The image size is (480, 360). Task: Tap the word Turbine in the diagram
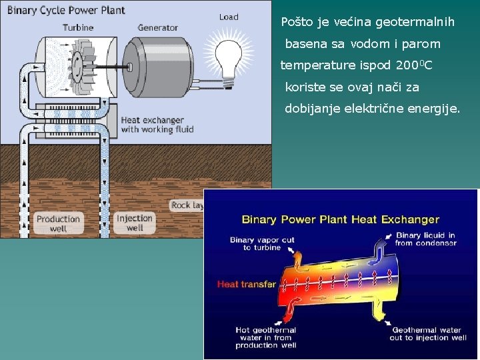pyautogui.click(x=78, y=27)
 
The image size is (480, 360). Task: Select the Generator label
pyautogui.click(x=158, y=27)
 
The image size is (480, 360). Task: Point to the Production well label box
pyautogui.click(x=58, y=223)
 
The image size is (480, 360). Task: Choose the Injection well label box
pyautogui.click(x=135, y=223)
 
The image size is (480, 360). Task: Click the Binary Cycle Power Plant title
pyautogui.click(x=65, y=11)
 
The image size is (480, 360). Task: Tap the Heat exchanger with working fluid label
pyautogui.click(x=157, y=125)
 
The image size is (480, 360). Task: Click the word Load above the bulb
pyautogui.click(x=229, y=17)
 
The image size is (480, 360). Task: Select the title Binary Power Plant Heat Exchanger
pyautogui.click(x=340, y=219)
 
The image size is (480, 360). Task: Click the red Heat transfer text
pyautogui.click(x=246, y=285)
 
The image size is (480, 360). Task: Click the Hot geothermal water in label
pyautogui.click(x=265, y=337)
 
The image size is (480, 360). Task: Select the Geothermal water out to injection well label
pyautogui.click(x=429, y=333)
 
